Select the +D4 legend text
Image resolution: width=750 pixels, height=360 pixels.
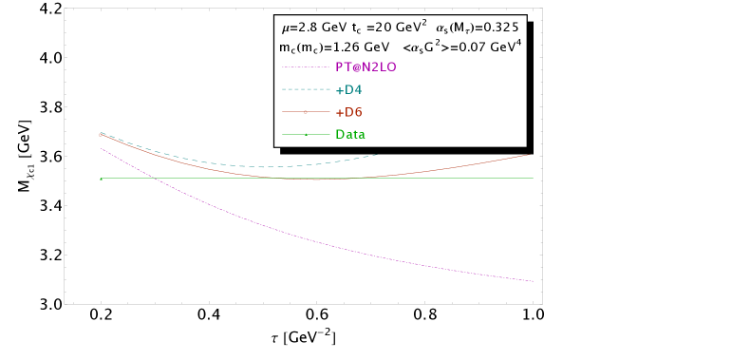coord(348,90)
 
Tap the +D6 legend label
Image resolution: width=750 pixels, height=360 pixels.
coord(348,112)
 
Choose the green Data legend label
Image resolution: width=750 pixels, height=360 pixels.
coord(350,135)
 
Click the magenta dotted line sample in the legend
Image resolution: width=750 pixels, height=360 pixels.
coord(305,67)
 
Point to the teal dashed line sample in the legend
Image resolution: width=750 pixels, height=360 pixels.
coord(305,90)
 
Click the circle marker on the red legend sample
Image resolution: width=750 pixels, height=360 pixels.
coord(305,112)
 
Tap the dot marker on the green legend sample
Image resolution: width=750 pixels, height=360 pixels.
coord(305,135)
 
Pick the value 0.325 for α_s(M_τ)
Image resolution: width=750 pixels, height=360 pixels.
coord(499,27)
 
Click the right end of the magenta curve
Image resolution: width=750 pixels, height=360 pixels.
coord(534,281)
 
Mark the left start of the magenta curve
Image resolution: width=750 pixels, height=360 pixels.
coord(101,148)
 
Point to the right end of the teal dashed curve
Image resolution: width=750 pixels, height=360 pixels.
coord(378,154)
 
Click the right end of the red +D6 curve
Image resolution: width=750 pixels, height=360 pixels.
coord(529,155)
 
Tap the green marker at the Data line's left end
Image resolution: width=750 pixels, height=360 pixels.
coord(101,179)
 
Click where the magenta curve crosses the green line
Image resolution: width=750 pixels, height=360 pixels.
coord(152,179)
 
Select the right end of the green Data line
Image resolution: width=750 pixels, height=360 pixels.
coord(534,179)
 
